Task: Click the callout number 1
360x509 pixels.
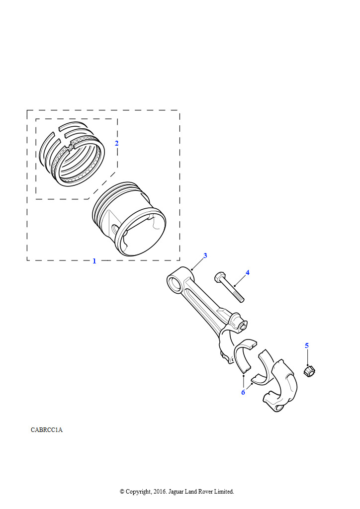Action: click(x=94, y=261)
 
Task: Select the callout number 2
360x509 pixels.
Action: click(x=116, y=143)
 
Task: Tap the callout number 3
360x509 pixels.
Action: click(x=205, y=255)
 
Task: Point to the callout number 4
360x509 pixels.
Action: click(x=247, y=273)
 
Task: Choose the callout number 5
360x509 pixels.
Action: click(x=307, y=346)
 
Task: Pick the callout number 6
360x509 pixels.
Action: click(x=243, y=393)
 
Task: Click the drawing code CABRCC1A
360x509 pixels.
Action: click(x=47, y=430)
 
